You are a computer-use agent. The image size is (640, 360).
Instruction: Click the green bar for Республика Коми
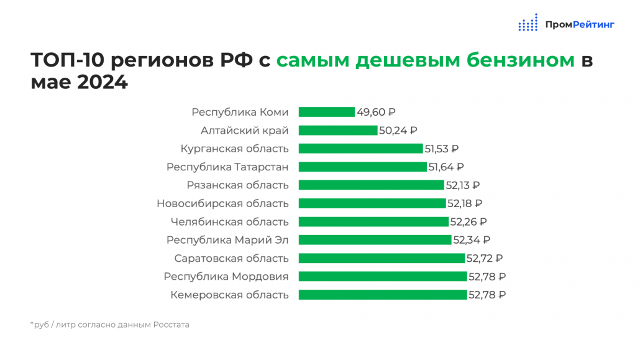327,112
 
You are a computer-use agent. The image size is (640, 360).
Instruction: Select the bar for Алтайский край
338,131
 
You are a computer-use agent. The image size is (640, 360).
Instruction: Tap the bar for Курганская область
361,149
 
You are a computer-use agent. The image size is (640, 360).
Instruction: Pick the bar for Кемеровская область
383,295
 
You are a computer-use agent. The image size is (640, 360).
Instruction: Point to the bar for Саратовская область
382,258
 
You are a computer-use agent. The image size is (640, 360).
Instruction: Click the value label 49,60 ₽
376,112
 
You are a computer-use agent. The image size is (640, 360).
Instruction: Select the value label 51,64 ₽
446,167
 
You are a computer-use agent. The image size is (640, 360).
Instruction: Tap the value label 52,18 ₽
465,203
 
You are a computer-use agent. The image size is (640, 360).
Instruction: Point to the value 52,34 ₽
472,240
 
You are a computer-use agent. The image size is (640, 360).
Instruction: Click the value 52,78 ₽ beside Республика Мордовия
487,277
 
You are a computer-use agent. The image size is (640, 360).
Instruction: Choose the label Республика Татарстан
227,167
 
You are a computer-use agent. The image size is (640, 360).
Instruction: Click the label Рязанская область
237,185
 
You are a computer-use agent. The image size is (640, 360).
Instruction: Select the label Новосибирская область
222,203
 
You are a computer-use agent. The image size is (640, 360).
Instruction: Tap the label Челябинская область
229,222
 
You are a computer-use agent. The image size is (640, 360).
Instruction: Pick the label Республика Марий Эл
227,240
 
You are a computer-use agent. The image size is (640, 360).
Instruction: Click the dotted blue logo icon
528,22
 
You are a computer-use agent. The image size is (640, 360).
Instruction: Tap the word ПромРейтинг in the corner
580,25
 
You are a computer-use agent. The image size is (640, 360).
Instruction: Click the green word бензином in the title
521,60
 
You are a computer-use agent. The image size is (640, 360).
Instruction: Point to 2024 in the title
102,82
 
